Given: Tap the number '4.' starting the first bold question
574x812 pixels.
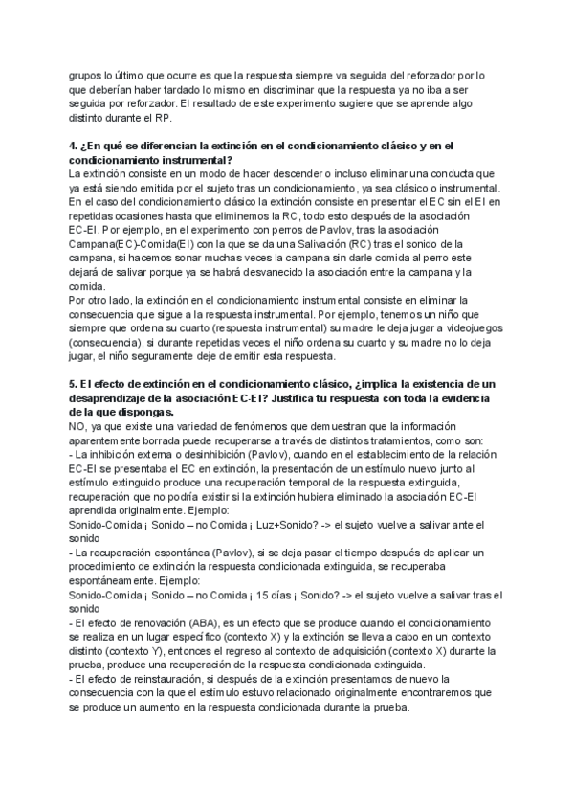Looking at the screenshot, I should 74,145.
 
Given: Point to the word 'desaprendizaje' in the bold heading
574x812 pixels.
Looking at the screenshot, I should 114,398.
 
